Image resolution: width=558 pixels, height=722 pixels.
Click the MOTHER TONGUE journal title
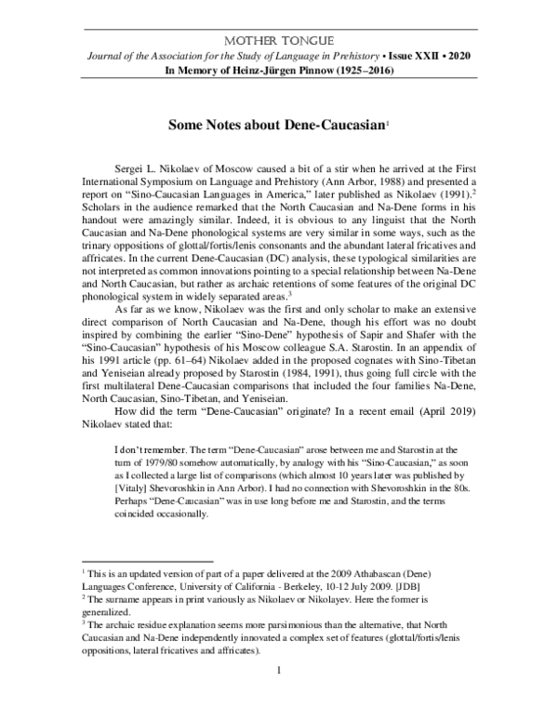coord(278,41)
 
